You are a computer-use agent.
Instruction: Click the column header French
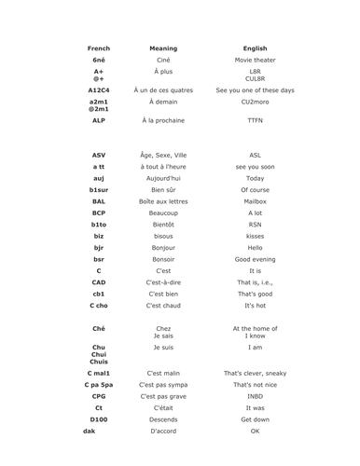98,48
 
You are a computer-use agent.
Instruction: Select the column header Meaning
163,48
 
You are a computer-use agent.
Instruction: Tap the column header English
255,48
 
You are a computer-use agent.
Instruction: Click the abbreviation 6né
98,60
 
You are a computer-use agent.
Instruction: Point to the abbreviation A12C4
98,90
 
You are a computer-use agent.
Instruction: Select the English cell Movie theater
255,60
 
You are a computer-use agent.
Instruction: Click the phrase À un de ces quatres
163,90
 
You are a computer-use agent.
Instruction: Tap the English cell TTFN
255,120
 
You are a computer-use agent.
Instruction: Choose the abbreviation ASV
98,155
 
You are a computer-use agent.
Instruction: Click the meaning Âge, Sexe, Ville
163,155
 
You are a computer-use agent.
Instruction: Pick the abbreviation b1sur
98,189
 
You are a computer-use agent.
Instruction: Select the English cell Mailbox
255,200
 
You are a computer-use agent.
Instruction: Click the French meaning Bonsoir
163,258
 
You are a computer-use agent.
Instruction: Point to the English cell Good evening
255,258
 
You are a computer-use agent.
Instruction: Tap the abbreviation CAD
98,281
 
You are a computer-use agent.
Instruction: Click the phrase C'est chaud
163,305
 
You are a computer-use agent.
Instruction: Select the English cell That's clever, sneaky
255,373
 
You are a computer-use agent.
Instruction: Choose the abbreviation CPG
98,396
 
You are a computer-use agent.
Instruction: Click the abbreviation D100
98,419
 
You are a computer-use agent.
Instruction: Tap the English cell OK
255,432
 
